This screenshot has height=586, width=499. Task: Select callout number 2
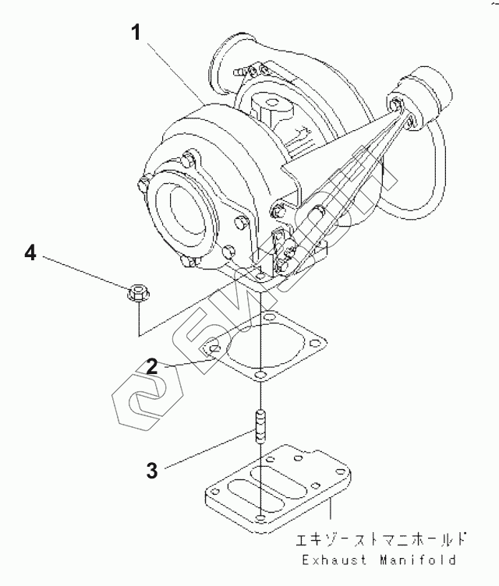(x=152, y=365)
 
